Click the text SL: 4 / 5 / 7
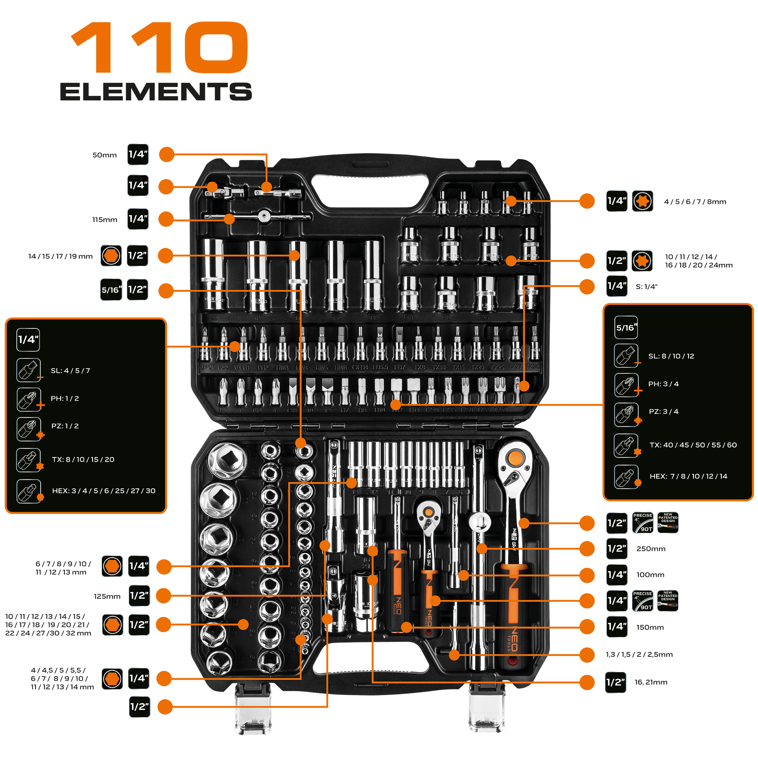(70, 371)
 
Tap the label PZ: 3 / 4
(663, 411)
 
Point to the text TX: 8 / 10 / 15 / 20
(83, 459)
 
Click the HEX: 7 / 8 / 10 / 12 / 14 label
(688, 476)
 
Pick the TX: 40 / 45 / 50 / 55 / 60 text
(693, 445)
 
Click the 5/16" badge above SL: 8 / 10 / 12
(626, 327)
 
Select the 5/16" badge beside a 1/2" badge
(111, 290)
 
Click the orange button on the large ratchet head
(515, 457)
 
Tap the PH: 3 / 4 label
(663, 384)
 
